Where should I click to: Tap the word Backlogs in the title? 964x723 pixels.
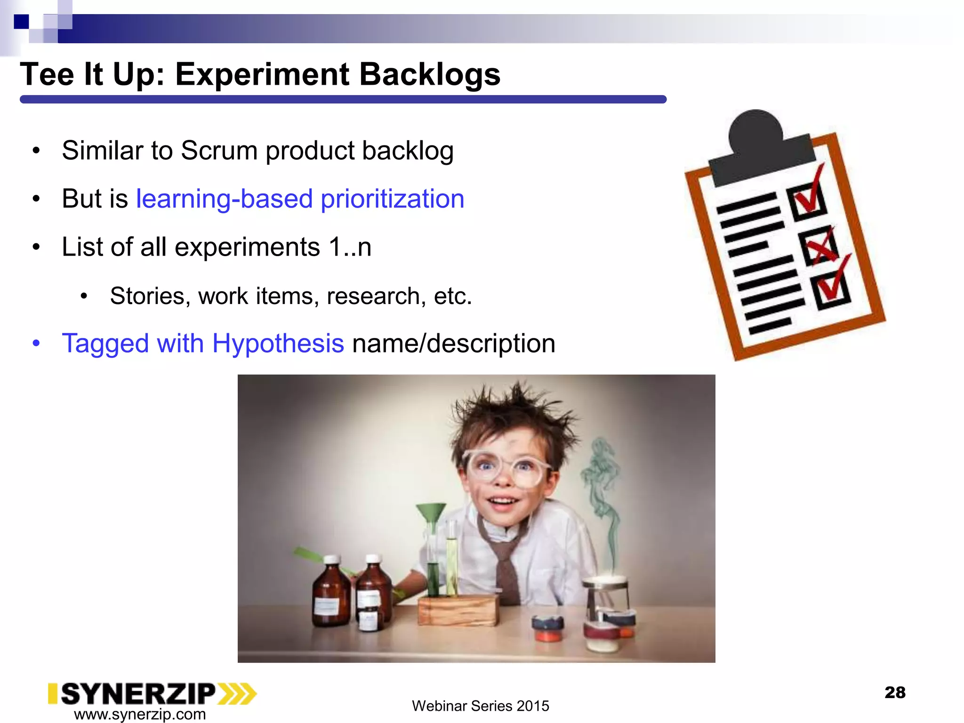pos(430,74)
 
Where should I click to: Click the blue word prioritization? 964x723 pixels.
pos(392,199)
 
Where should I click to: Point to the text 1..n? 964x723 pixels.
pos(350,247)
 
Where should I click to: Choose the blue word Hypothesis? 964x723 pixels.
pos(278,343)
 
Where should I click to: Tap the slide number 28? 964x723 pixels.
pos(895,692)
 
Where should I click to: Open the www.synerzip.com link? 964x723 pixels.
pos(140,714)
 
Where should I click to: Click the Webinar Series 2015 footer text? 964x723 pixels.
pos(480,706)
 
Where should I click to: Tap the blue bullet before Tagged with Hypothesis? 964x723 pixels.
pos(36,343)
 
